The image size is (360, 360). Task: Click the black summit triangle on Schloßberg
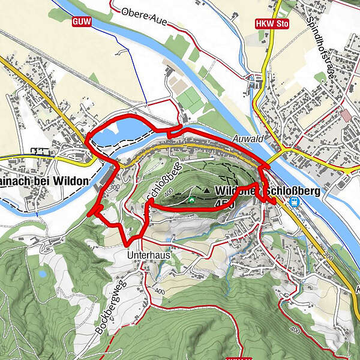pyautogui.click(x=207, y=190)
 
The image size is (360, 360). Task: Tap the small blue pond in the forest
pyautogui.click(x=42, y=274)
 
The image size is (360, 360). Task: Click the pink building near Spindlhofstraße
pyautogui.click(x=346, y=115)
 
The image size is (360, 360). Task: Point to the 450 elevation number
pyautogui.click(x=229, y=203)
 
